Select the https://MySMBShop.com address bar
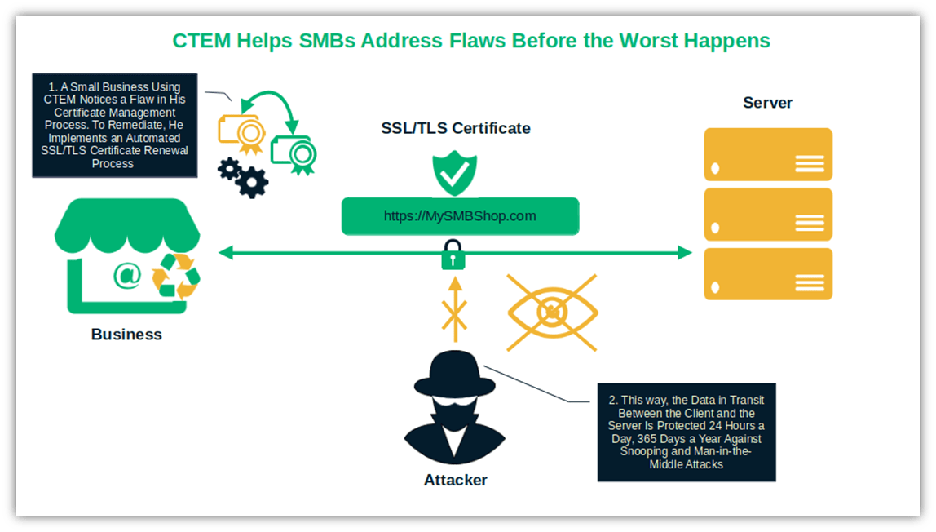[460, 216]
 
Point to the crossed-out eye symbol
[552, 313]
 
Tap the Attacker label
[456, 480]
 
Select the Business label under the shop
[126, 334]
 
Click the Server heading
[767, 103]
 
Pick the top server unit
[767, 154]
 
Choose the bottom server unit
[767, 273]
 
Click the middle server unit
[767, 214]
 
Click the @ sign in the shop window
[127, 275]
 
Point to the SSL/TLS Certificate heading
[456, 128]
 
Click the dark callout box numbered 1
[114, 125]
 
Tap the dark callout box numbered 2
[686, 432]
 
